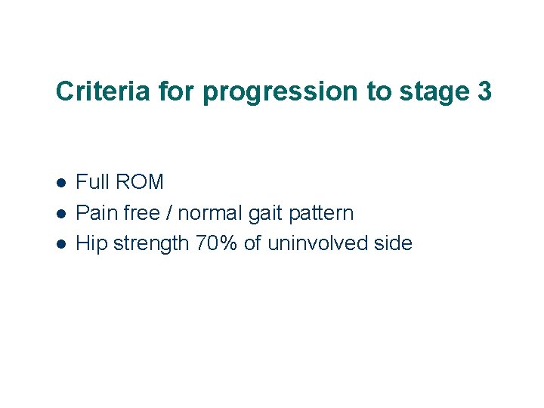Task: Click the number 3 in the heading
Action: tap(484, 91)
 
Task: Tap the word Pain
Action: tap(95, 213)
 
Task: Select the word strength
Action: tap(147, 244)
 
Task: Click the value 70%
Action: tap(216, 243)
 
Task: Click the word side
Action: tap(393, 243)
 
